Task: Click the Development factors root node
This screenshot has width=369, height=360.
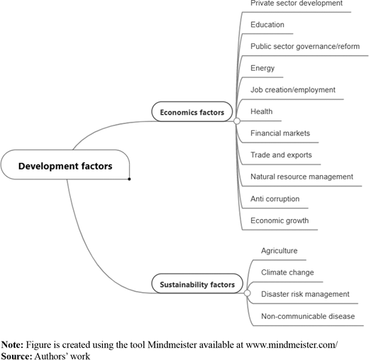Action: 65,164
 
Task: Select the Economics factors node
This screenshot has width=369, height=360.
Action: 192,112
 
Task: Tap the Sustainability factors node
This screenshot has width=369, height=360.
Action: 197,283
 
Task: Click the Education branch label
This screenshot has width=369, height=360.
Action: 268,25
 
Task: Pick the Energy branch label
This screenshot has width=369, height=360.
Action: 263,68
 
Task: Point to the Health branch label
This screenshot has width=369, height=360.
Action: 261,111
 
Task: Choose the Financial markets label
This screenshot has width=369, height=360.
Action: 280,133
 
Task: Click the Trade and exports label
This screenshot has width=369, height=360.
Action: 281,155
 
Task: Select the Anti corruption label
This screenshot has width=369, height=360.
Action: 275,199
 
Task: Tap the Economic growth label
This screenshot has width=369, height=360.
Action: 280,220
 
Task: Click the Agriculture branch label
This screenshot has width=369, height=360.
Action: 279,251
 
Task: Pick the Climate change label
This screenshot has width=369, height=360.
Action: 287,272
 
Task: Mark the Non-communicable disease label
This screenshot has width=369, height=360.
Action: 308,316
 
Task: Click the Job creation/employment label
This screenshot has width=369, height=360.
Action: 293,90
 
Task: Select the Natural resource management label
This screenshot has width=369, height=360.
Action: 302,176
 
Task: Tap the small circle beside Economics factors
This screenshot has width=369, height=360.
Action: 237,121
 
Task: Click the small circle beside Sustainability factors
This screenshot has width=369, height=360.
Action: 247,293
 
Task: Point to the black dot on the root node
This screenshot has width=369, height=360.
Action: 129,179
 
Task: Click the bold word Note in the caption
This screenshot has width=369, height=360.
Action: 12,345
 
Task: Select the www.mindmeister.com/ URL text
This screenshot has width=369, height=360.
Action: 292,345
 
